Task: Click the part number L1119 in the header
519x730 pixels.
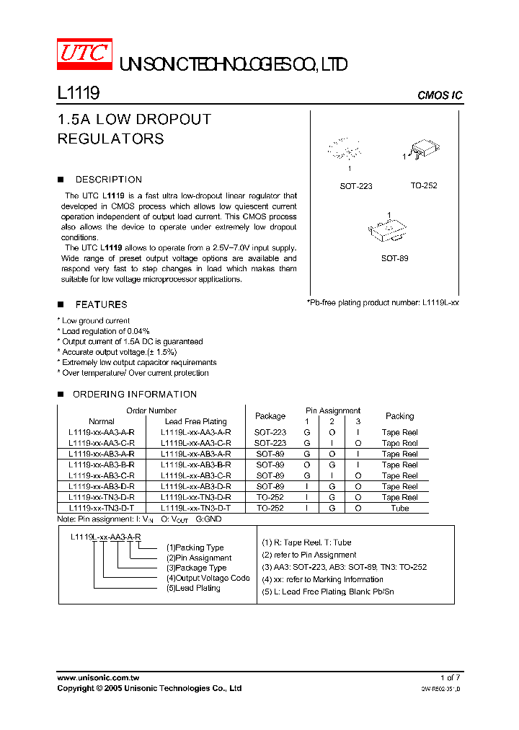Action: tap(78, 93)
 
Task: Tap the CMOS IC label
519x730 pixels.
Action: tap(440, 96)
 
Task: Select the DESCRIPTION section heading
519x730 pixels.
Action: tap(108, 180)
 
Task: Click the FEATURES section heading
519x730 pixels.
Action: tap(101, 304)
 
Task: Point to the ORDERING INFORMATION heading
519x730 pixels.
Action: tap(135, 395)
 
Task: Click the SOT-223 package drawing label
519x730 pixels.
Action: tap(356, 186)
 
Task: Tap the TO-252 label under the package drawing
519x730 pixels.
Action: tap(424, 186)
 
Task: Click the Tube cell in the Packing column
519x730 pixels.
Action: tap(399, 509)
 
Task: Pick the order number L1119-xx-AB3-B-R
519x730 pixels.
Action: tap(101, 465)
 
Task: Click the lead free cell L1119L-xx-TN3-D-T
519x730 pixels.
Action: tap(195, 509)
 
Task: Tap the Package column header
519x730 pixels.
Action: tap(270, 416)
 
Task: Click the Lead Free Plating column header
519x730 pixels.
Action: tap(195, 422)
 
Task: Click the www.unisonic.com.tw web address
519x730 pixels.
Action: tap(98, 678)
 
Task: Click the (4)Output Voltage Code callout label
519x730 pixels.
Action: tap(208, 579)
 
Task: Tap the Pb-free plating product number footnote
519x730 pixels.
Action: tap(383, 303)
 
